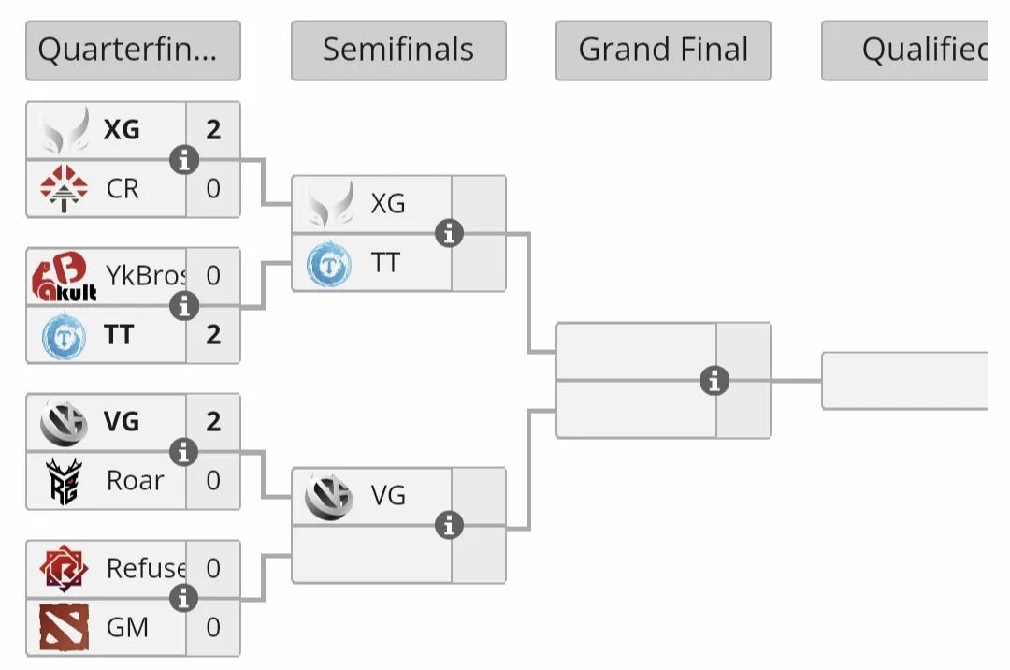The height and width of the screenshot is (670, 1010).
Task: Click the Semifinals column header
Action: click(398, 51)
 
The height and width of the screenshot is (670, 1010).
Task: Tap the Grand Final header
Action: click(663, 51)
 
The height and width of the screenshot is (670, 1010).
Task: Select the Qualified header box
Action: click(904, 51)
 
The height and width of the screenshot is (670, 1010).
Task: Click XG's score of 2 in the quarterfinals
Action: click(213, 130)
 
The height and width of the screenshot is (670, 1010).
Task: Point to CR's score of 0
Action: click(213, 188)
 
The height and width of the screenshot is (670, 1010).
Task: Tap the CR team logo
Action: click(64, 188)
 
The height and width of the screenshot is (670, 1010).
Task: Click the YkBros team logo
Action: click(64, 277)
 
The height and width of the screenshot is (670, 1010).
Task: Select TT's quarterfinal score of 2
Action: click(213, 334)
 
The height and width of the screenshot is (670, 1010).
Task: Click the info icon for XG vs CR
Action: click(184, 160)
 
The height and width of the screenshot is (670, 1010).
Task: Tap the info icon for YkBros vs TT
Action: click(184, 305)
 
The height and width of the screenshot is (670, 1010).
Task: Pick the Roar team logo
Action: click(64, 481)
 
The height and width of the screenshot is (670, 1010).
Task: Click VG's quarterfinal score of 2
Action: click(213, 422)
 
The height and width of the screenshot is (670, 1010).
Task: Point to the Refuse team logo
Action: click(64, 569)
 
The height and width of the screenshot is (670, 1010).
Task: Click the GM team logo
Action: click(64, 627)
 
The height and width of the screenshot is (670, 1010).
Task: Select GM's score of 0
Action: click(213, 627)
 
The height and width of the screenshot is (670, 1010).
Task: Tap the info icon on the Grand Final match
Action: click(714, 381)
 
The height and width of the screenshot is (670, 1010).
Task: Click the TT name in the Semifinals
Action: click(385, 263)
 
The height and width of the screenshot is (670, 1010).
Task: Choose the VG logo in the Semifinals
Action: click(329, 496)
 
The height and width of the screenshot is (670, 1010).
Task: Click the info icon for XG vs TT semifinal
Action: click(450, 233)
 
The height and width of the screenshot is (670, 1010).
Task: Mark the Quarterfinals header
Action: click(133, 51)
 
